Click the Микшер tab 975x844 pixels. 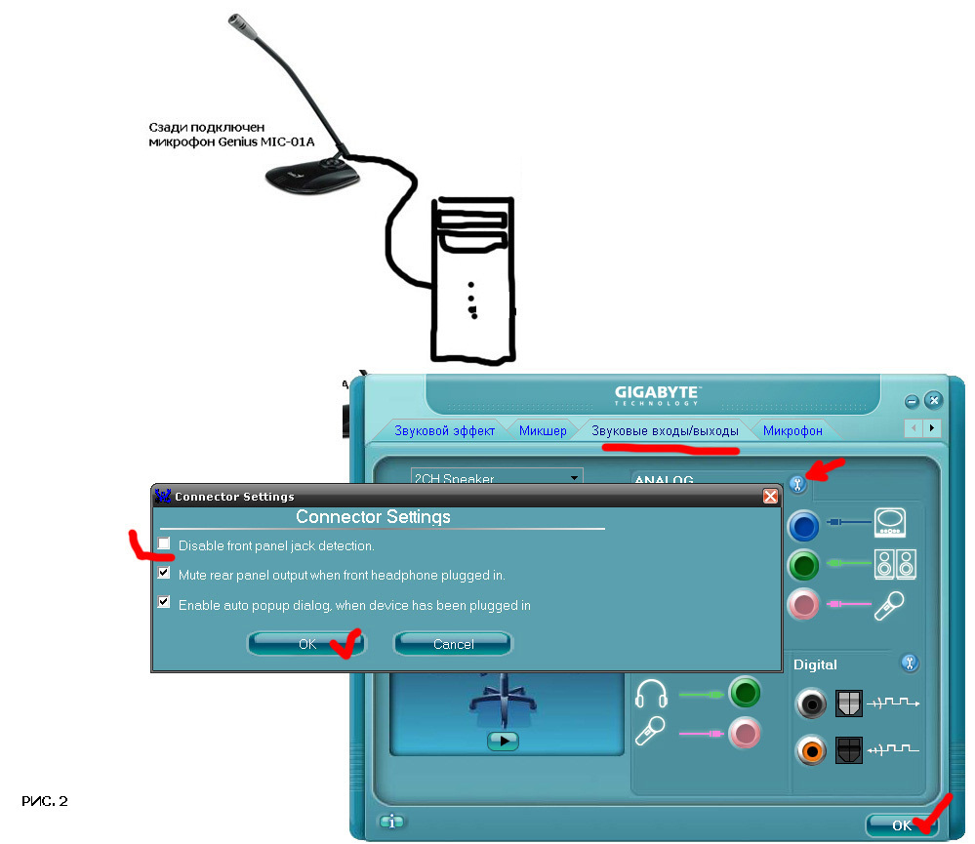543,430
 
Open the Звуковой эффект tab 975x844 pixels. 444,430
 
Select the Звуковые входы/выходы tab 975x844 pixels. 665,430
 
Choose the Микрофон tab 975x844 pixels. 792,430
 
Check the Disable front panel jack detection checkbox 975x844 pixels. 164,543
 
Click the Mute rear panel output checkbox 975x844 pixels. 164,574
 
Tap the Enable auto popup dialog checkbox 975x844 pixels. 164,603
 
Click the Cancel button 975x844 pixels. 453,644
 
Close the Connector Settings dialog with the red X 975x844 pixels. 770,497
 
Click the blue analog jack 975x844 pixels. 804,527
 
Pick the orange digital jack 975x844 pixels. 811,749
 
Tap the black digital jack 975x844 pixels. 811,703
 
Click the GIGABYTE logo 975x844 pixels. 659,394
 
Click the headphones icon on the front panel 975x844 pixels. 651,695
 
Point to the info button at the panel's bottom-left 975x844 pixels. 392,822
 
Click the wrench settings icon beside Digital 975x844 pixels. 910,663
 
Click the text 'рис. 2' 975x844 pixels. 45,802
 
